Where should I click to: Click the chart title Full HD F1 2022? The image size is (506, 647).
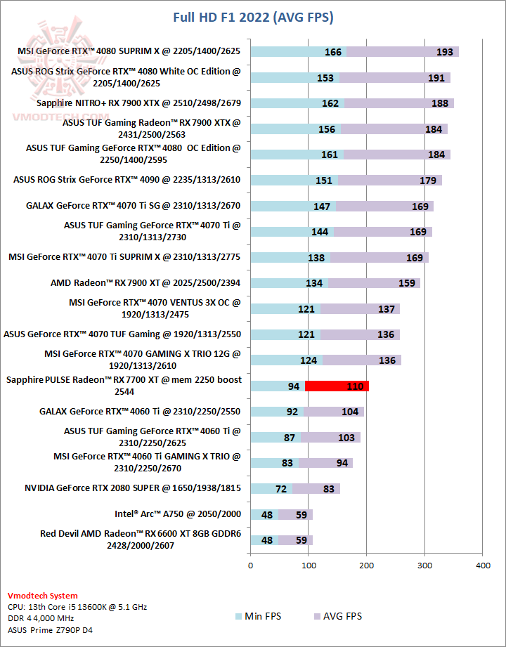coord(253,17)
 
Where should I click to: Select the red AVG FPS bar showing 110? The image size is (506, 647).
coord(337,386)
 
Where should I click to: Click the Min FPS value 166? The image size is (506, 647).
coord(333,52)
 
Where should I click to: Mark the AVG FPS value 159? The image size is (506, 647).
coord(407,283)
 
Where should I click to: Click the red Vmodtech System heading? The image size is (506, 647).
coord(43,595)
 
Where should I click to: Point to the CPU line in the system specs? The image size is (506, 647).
coord(77,607)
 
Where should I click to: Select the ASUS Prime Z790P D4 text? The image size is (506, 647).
coord(51,630)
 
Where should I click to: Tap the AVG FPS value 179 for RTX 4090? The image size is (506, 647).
coord(428,181)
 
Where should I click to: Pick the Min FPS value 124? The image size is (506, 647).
coord(308,360)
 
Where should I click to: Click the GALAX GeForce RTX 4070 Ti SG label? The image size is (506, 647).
coord(133,206)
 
